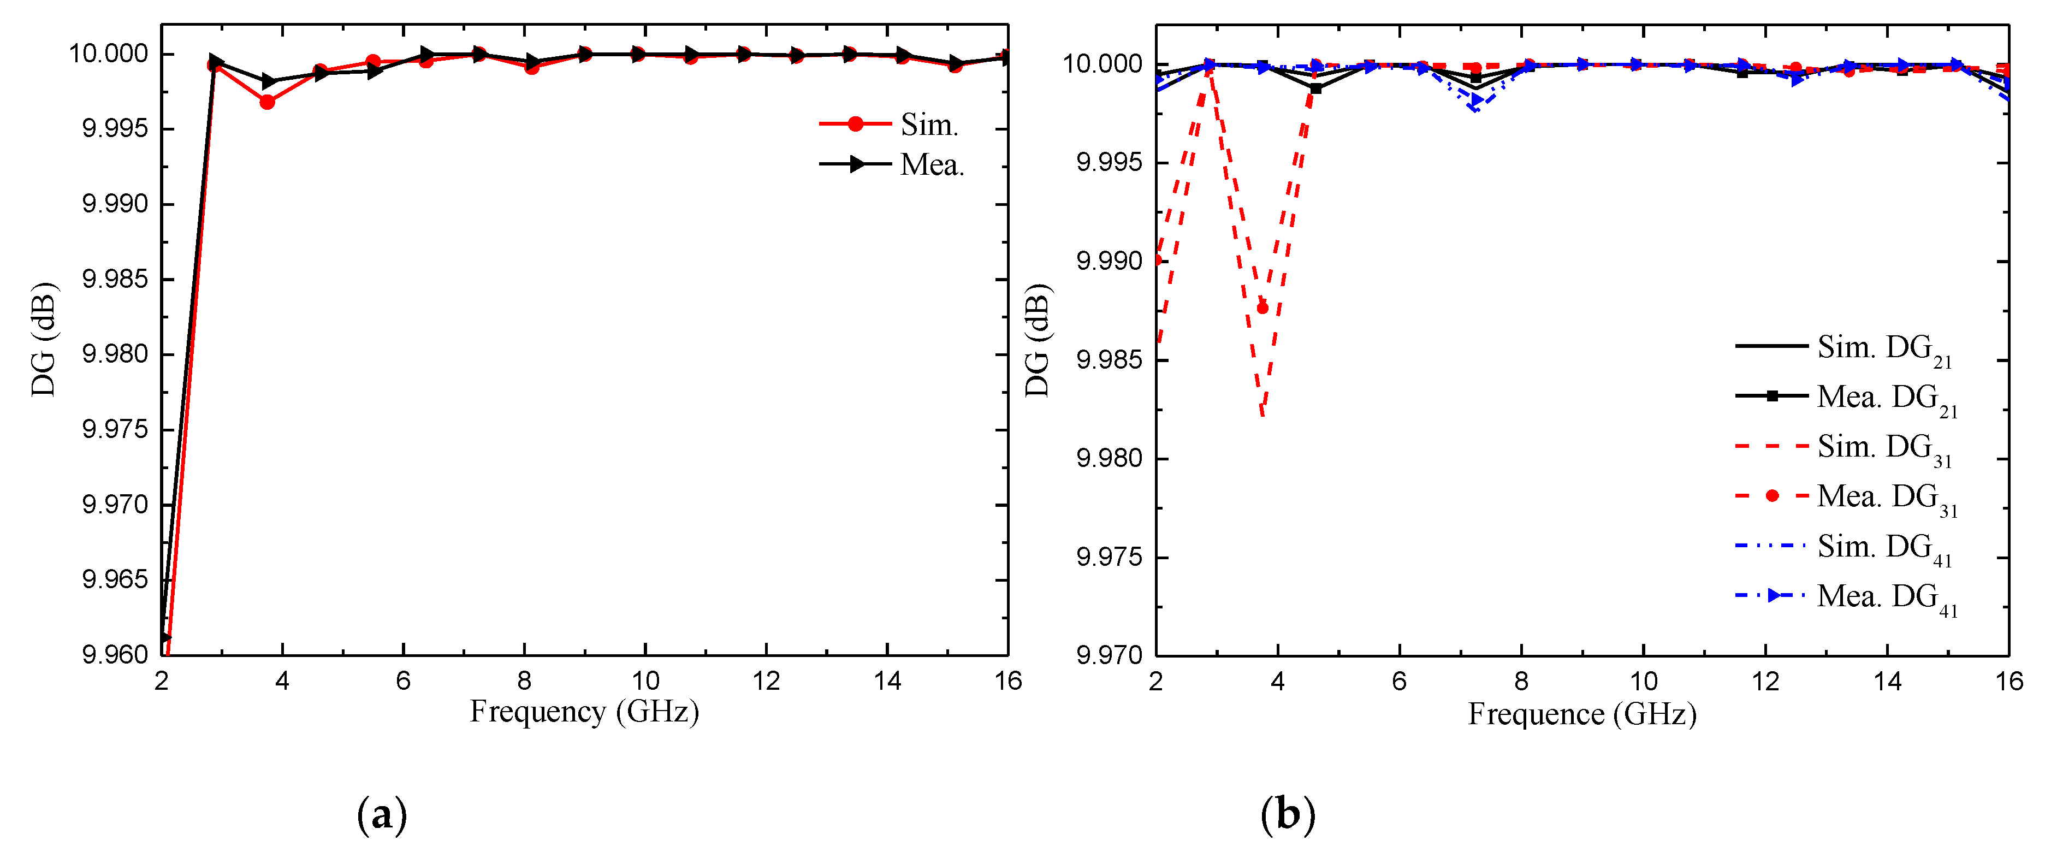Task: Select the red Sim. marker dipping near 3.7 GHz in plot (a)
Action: (266, 102)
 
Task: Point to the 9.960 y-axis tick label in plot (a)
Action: (115, 654)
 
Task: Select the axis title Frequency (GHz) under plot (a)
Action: (584, 711)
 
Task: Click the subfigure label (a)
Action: (382, 814)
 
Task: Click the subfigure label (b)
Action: (1287, 814)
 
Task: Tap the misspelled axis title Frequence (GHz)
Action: (1581, 714)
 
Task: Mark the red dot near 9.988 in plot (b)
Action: (1262, 308)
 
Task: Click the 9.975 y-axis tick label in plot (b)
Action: (1109, 557)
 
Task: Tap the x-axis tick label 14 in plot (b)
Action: (1887, 681)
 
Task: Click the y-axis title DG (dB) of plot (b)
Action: (1037, 340)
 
